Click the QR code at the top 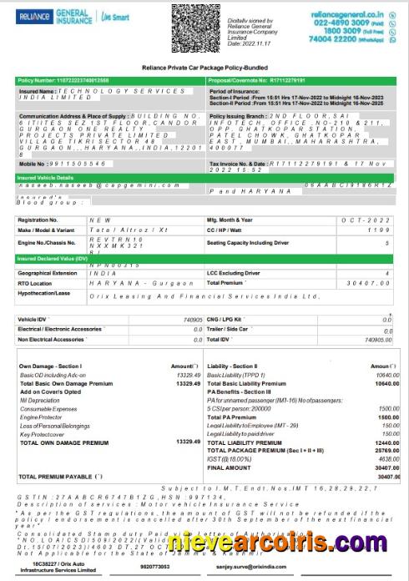coord(193,28)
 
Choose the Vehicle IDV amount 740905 coord(190,319)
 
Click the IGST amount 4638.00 coord(377,459)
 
